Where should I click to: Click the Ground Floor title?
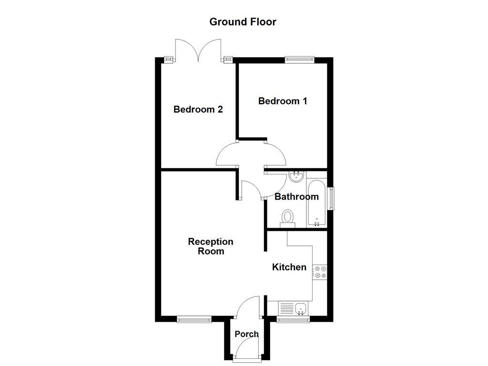tap(243, 22)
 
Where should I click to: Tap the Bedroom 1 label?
tap(283, 101)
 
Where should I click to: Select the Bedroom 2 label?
tap(198, 110)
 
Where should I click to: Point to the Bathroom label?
tap(296, 197)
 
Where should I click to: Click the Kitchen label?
tap(289, 267)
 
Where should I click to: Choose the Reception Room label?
tap(211, 246)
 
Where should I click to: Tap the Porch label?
tap(246, 334)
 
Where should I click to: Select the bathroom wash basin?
tap(296, 177)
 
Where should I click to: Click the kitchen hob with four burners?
tap(320, 272)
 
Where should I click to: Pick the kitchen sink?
tap(300, 309)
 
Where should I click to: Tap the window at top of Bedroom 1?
tap(300, 59)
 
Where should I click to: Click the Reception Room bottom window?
tap(194, 319)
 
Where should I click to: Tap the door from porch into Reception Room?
tap(249, 305)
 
